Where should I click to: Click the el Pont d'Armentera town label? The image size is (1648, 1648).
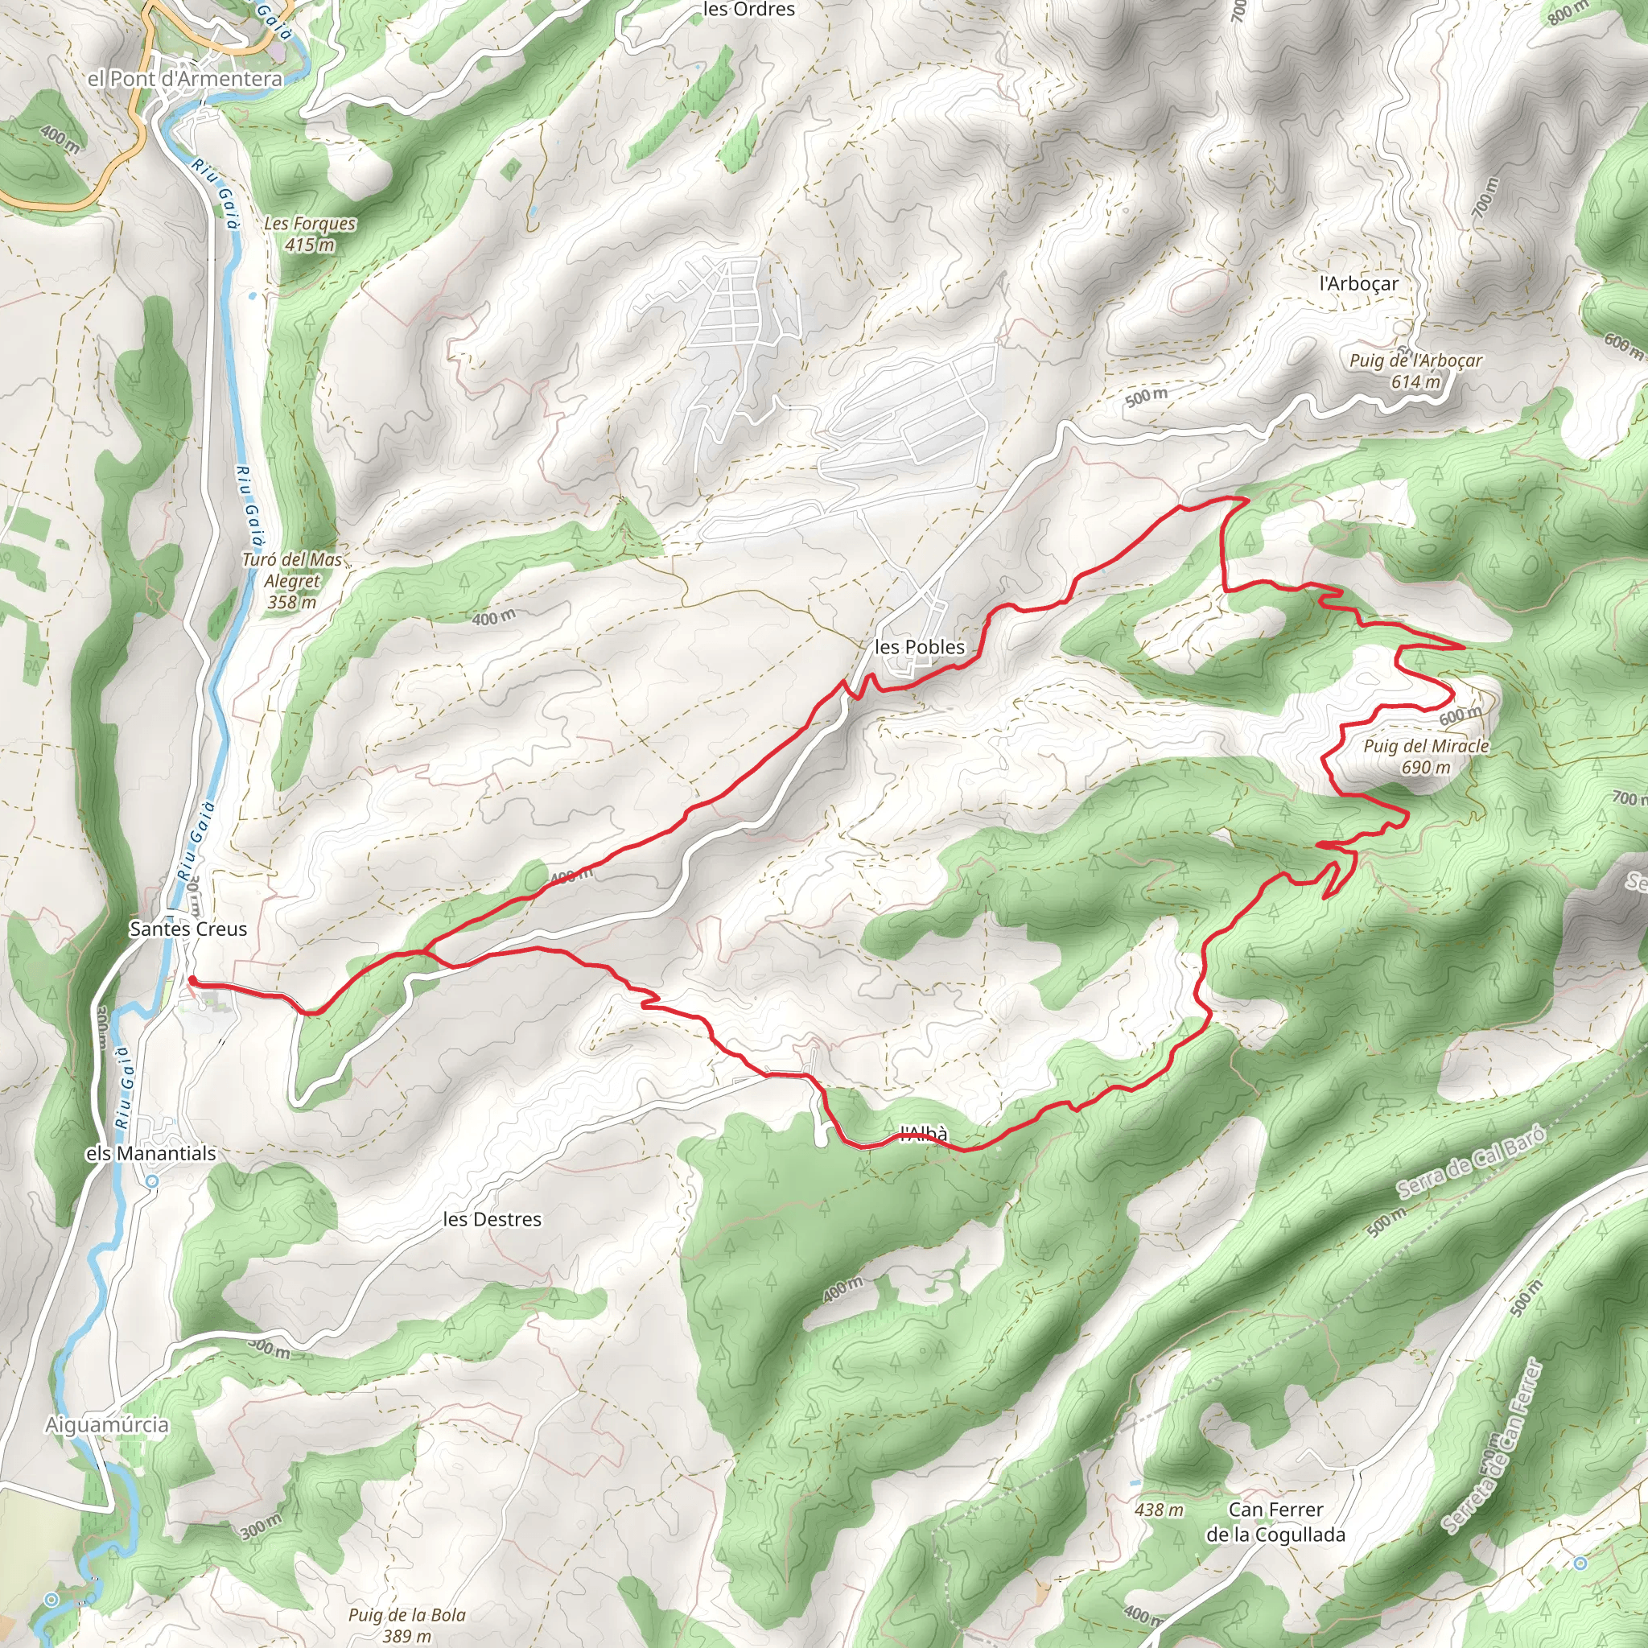[184, 79]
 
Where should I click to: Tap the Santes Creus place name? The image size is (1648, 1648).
[187, 929]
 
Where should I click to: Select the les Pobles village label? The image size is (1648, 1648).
[920, 647]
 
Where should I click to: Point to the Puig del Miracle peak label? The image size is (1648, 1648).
[1425, 756]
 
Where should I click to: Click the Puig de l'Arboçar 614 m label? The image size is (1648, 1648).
[1415, 371]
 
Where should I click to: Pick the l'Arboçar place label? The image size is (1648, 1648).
[1359, 283]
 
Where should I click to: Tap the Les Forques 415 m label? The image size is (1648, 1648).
[310, 233]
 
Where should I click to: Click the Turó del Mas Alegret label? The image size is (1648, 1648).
[292, 581]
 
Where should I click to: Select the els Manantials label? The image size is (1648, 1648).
[151, 1153]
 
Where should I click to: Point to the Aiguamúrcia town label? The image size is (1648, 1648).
[107, 1424]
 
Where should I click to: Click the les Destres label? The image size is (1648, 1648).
[492, 1220]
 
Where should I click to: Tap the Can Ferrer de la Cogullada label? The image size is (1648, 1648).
[1275, 1522]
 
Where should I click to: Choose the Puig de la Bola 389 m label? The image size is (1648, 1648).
[407, 1625]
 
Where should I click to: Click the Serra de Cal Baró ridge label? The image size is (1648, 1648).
[1471, 1161]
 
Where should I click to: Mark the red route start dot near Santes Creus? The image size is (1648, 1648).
[192, 981]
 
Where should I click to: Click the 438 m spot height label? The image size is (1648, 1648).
[1159, 1510]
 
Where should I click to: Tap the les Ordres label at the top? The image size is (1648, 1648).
[748, 10]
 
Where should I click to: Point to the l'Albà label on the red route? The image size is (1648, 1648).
[924, 1135]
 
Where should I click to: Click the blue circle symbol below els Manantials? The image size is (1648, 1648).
[152, 1181]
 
